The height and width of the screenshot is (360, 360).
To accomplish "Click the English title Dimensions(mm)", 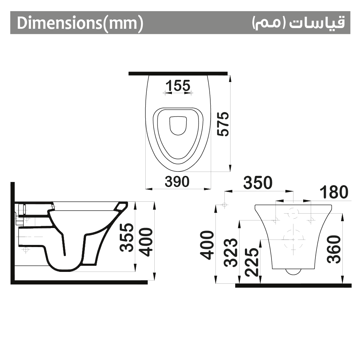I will [x=80, y=23].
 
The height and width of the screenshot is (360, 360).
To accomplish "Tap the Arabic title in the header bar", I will [x=298, y=23].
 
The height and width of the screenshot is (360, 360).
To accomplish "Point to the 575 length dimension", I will [x=223, y=124].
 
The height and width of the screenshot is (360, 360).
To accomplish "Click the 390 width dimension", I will [x=177, y=182].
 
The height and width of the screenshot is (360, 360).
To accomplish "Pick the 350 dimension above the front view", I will [x=258, y=183].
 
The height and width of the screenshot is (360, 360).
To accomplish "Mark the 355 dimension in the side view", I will [x=127, y=237].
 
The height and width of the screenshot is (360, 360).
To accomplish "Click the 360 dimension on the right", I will [x=334, y=249].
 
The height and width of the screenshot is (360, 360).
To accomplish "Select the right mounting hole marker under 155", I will [x=191, y=93].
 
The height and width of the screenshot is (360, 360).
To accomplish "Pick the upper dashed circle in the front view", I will [x=293, y=213].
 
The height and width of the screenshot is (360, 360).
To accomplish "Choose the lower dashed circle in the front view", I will [x=293, y=239].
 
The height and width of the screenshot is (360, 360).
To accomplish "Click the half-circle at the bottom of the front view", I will [x=293, y=272].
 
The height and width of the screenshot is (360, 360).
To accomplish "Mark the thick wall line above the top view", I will [x=178, y=73].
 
